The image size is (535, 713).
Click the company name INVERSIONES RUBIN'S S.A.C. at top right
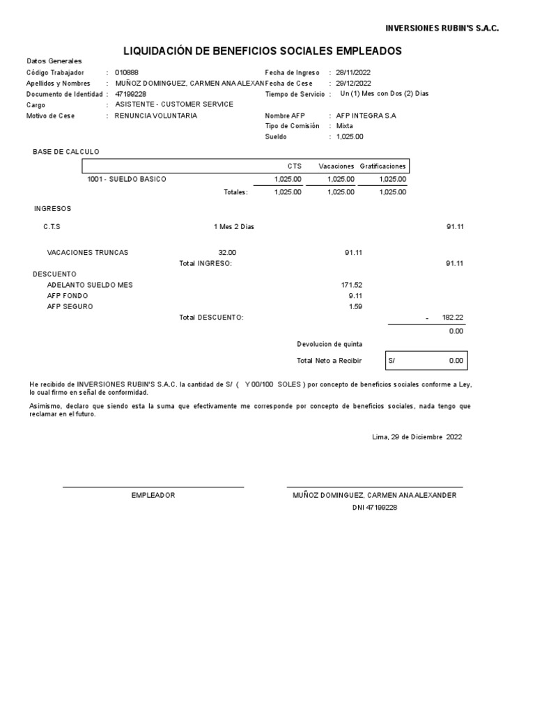coord(442,28)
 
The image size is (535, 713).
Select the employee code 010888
coord(127,72)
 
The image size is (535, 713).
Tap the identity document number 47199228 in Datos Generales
coord(131,94)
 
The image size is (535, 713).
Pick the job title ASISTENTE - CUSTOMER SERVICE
coord(174,104)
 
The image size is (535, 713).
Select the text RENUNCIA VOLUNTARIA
coord(156,116)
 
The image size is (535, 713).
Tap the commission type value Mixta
coord(344,126)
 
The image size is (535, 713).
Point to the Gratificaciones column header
coord(382,166)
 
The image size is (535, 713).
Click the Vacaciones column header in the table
coord(336,166)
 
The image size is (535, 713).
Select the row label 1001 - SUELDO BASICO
coord(127,179)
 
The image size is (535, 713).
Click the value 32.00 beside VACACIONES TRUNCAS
coord(227,252)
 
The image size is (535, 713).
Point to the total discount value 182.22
coord(452,318)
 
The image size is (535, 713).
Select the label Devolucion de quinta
coord(329,344)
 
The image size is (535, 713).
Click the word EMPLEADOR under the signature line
coord(153,495)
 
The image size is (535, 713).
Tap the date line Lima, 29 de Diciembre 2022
coord(417,437)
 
